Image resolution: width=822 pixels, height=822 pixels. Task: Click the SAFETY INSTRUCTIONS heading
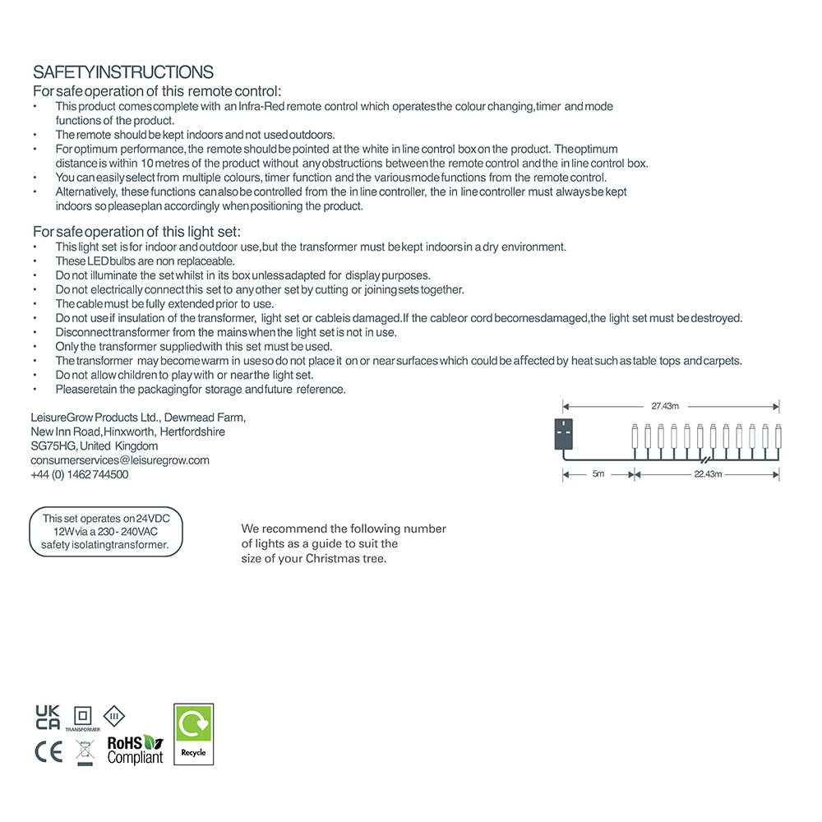(x=123, y=72)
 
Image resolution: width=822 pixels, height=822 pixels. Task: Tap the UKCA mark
(x=48, y=717)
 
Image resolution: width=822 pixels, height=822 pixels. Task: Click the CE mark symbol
(x=48, y=751)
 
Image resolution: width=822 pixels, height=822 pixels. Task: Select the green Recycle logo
(x=194, y=733)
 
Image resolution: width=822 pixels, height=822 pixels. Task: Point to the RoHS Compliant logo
(x=136, y=750)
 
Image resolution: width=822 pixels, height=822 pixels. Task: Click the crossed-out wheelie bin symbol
(x=84, y=751)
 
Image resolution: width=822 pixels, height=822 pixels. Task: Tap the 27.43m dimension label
(x=665, y=406)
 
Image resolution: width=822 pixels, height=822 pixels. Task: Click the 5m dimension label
(x=598, y=474)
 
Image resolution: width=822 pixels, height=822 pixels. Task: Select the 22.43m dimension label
(x=708, y=474)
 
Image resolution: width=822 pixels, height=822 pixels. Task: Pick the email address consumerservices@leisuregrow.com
(x=120, y=460)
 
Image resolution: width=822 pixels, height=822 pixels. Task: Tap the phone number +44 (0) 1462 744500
(x=80, y=474)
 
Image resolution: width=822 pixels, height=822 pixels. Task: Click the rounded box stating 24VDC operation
(x=105, y=532)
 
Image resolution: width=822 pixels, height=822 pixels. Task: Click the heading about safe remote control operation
(x=157, y=91)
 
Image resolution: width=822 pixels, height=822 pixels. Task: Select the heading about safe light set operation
(x=136, y=232)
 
